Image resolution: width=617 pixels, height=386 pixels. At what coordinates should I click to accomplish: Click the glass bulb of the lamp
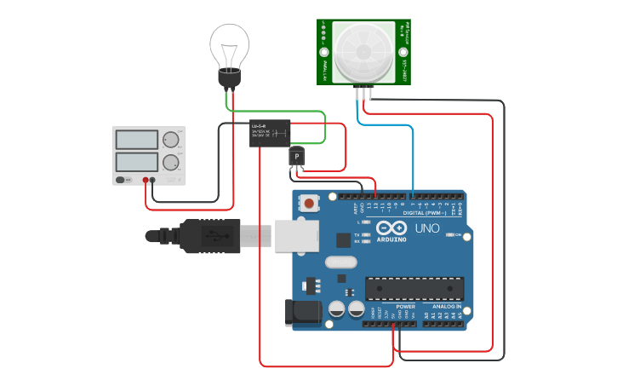click(x=230, y=44)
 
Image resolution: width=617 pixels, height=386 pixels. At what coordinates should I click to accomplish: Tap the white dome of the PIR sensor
click(x=364, y=52)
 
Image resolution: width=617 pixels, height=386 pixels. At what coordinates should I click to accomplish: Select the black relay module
click(x=270, y=134)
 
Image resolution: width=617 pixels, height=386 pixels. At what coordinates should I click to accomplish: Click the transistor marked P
click(x=296, y=157)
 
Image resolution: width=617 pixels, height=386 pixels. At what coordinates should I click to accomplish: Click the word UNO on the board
click(x=427, y=228)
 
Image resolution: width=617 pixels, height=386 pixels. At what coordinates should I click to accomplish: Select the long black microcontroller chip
click(x=414, y=289)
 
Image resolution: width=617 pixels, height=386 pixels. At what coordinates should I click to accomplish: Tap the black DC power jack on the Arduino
click(x=305, y=312)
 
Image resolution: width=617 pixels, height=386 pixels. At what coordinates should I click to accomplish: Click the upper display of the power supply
click(x=136, y=140)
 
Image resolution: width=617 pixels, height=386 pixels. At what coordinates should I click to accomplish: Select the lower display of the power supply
click(x=136, y=162)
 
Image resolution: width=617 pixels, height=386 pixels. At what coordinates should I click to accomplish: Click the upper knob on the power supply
click(x=171, y=140)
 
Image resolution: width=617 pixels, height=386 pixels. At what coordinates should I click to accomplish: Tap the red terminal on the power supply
click(x=146, y=180)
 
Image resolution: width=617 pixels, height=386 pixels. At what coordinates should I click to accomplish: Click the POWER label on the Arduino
click(x=406, y=307)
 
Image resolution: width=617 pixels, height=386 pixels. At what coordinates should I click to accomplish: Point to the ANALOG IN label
click(x=446, y=307)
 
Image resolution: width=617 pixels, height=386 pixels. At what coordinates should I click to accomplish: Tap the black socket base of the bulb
click(x=229, y=79)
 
